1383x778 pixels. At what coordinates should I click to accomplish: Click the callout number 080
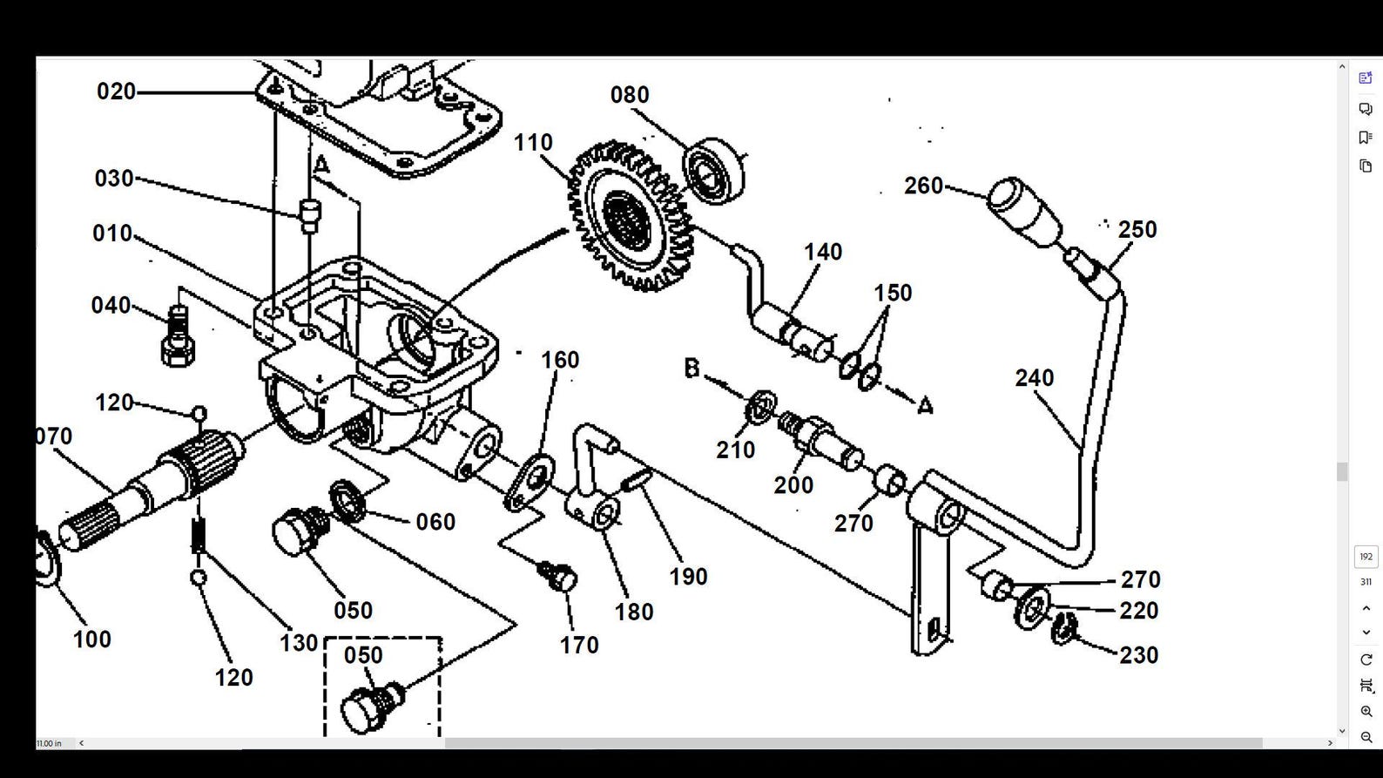pyautogui.click(x=629, y=94)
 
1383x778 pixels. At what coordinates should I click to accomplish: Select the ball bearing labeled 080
pyautogui.click(x=714, y=171)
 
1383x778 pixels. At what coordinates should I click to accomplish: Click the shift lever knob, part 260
pyautogui.click(x=1024, y=211)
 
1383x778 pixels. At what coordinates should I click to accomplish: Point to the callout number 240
pyautogui.click(x=1034, y=378)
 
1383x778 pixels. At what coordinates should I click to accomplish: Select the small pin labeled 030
pyautogui.click(x=309, y=215)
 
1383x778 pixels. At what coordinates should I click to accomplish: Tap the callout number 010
pyautogui.click(x=112, y=233)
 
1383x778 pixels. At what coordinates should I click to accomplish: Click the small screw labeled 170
pyautogui.click(x=559, y=576)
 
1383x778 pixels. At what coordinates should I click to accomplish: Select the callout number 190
pyautogui.click(x=687, y=577)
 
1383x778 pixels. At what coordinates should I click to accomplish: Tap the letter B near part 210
pyautogui.click(x=691, y=369)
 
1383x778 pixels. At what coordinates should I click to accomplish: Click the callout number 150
pyautogui.click(x=893, y=293)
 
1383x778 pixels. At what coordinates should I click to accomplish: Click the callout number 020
pyautogui.click(x=116, y=91)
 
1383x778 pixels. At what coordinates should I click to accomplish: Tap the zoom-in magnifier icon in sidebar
pyautogui.click(x=1366, y=711)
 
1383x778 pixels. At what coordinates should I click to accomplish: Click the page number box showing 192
pyautogui.click(x=1366, y=557)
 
